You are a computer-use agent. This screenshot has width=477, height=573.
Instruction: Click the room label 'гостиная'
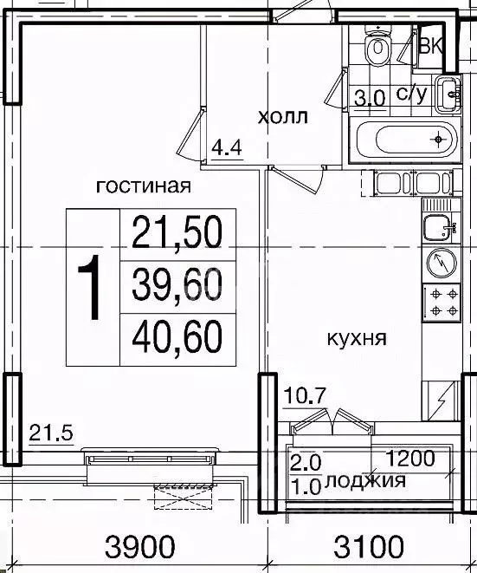[x=143, y=185]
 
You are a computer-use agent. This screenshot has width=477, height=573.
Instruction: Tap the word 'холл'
[x=283, y=116]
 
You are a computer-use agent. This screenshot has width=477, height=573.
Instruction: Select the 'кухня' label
[x=356, y=337]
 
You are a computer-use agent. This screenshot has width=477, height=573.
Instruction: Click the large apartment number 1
[x=92, y=290]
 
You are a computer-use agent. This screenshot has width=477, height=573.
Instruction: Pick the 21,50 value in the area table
[x=177, y=231]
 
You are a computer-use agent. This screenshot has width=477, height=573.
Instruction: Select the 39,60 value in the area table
[x=177, y=283]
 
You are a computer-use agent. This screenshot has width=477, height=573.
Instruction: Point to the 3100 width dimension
[x=370, y=547]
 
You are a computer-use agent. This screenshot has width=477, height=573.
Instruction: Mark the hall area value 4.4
[x=226, y=147]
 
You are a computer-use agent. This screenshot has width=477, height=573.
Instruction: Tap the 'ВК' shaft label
[x=430, y=46]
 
